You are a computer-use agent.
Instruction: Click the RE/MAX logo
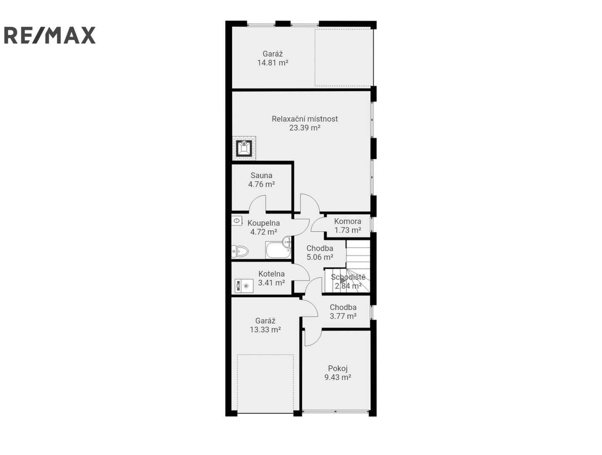pos(50,35)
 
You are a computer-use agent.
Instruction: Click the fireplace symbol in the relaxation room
pos(244,148)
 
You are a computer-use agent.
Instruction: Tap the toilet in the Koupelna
pos(240,251)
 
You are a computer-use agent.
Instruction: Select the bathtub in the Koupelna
pos(278,250)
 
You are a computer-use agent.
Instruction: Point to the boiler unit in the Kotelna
pos(244,286)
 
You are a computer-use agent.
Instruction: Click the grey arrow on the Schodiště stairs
pos(342,281)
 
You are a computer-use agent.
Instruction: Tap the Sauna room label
pos(261,175)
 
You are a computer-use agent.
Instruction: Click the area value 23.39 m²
pos(305,128)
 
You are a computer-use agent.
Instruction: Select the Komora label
pos(347,221)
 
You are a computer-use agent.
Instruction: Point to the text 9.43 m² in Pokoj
pos(338,377)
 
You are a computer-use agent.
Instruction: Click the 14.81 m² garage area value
pos(273,63)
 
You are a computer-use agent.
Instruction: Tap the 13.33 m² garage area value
pos(265,329)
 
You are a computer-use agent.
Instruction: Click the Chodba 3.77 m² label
pos(343,312)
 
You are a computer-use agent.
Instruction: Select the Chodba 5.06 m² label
pos(320,253)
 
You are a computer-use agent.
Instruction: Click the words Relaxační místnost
pos(305,119)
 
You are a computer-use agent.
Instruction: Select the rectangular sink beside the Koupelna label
pos(237,220)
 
